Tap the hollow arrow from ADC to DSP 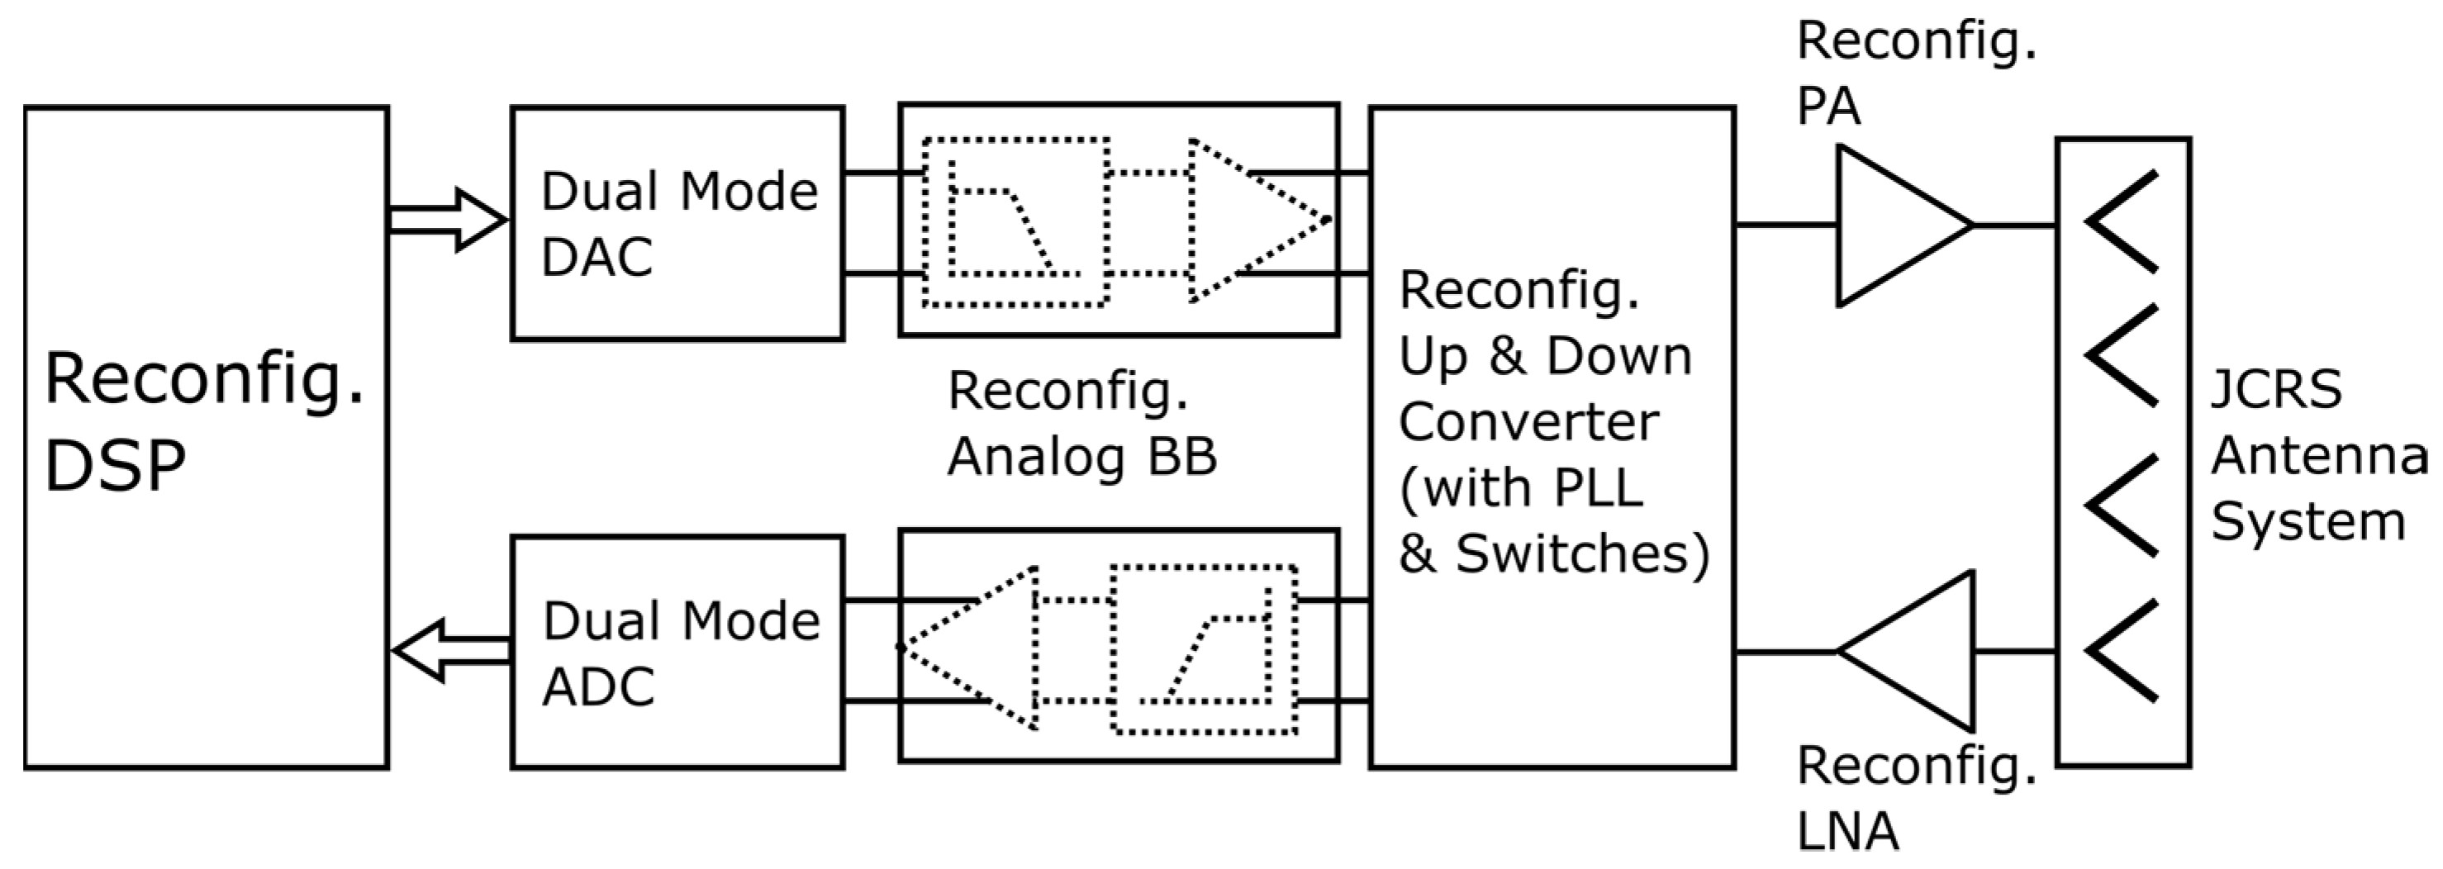pyautogui.click(x=449, y=651)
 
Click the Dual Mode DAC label pyautogui.click(x=678, y=223)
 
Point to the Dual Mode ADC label pyautogui.click(x=680, y=653)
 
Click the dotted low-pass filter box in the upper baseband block pyautogui.click(x=1015, y=223)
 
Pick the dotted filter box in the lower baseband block pyautogui.click(x=1204, y=651)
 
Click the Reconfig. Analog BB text pyautogui.click(x=1081, y=423)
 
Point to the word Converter pyautogui.click(x=1528, y=422)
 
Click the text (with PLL pyautogui.click(x=1521, y=488)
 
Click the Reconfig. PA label pyautogui.click(x=1916, y=73)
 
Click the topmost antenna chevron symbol pyautogui.click(x=2122, y=221)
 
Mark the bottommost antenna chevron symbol pyautogui.click(x=2122, y=652)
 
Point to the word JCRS pyautogui.click(x=2275, y=389)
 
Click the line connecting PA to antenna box pyautogui.click(x=2015, y=226)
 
